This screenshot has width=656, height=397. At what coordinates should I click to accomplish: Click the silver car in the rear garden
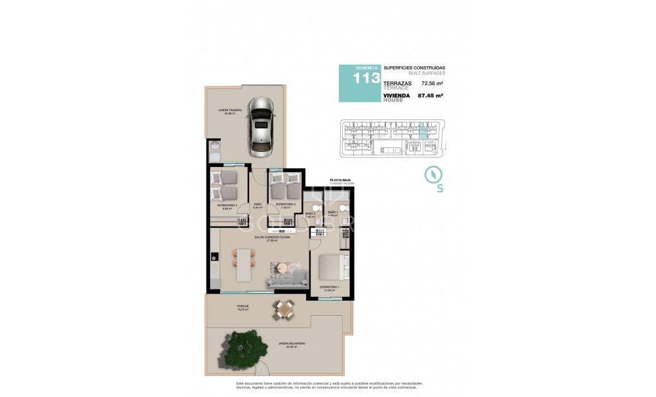[261, 127]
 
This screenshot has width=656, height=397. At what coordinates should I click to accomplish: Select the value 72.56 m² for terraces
[433, 84]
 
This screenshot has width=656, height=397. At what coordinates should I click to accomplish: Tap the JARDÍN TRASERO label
[230, 110]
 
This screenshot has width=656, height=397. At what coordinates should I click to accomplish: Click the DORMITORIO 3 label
[227, 205]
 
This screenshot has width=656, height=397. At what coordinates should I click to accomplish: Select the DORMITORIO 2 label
[285, 205]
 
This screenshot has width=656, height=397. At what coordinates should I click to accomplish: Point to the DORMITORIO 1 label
[330, 287]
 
